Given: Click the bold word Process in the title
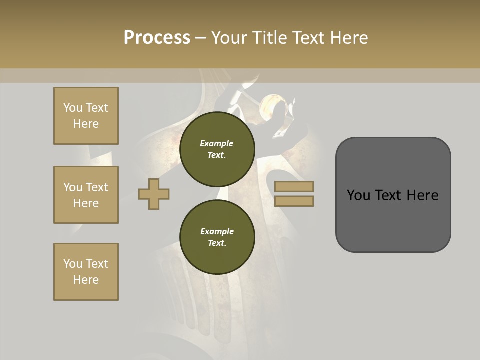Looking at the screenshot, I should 157,38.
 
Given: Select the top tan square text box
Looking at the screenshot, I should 86,116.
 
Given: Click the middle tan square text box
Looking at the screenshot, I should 86,195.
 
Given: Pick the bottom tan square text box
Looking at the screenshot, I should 86,272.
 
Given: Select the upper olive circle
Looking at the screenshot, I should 217,149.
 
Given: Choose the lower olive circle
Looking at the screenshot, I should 217,237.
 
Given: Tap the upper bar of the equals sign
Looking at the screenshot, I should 294,187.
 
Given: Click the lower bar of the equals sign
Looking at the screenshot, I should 294,201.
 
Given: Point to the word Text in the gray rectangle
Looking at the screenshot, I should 393,195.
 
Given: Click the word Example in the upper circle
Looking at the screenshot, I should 217,143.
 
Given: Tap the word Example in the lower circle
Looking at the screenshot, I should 217,231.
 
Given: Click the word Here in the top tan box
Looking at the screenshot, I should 86,124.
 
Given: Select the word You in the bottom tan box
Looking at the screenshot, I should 73,264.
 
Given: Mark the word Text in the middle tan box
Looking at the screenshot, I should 97,187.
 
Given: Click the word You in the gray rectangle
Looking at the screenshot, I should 358,195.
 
